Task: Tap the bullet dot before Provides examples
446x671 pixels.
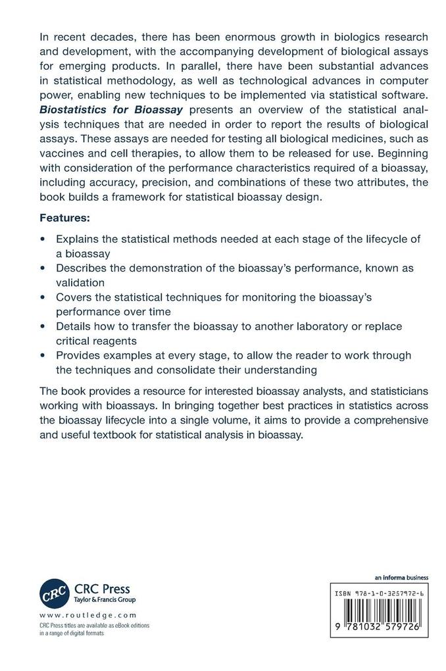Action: click(43, 355)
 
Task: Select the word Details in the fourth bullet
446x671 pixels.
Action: click(74, 326)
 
